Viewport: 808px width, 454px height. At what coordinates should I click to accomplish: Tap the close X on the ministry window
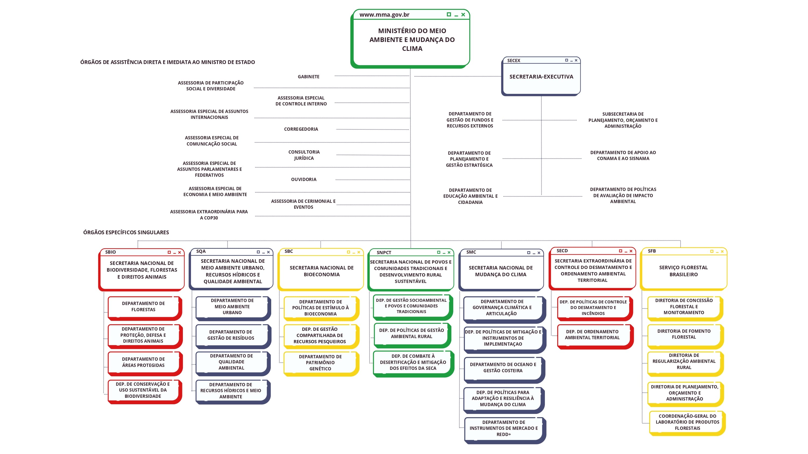coord(463,15)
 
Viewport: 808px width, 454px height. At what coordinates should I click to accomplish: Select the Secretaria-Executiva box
coord(541,77)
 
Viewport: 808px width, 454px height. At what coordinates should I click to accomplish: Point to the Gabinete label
coord(308,77)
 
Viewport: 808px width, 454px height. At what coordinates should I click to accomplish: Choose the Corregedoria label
coord(301,129)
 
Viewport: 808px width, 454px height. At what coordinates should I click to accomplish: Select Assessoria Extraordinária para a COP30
coord(209,215)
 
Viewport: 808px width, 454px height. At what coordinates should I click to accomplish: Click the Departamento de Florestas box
coord(143,306)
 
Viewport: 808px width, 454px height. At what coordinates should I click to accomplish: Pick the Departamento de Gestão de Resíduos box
coord(231,335)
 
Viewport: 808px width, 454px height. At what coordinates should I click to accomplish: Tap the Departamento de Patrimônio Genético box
coord(320,363)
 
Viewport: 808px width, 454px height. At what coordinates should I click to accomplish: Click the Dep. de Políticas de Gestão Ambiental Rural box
coord(411,333)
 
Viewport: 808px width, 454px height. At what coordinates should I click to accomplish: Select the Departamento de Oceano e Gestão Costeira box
coord(503,367)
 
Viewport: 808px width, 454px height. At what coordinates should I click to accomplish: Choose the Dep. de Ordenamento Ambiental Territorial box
coord(592,335)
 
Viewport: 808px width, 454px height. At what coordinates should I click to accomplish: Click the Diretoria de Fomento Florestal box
coord(684,334)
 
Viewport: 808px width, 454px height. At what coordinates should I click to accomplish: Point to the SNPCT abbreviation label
coord(384,253)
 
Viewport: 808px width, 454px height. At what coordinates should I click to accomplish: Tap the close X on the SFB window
coord(722,251)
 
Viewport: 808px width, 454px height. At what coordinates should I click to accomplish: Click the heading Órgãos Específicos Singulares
coord(126,232)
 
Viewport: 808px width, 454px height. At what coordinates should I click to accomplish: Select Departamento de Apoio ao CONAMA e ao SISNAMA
coord(623,155)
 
